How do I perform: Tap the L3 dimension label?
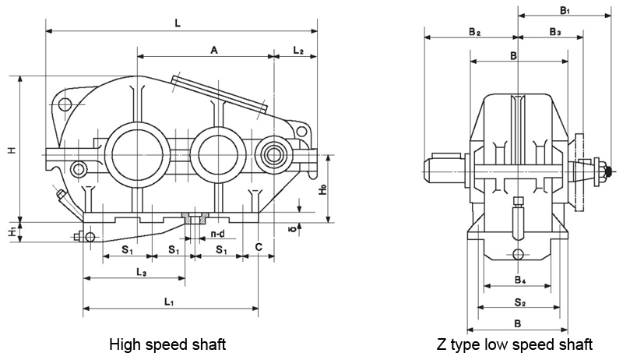click(142, 272)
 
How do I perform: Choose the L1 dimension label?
click(170, 301)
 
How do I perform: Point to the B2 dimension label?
click(474, 32)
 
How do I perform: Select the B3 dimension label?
click(554, 32)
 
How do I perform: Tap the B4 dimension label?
click(519, 278)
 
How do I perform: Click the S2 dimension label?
click(519, 300)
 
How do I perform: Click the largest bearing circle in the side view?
click(137, 150)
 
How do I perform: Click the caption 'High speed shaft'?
click(167, 344)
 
